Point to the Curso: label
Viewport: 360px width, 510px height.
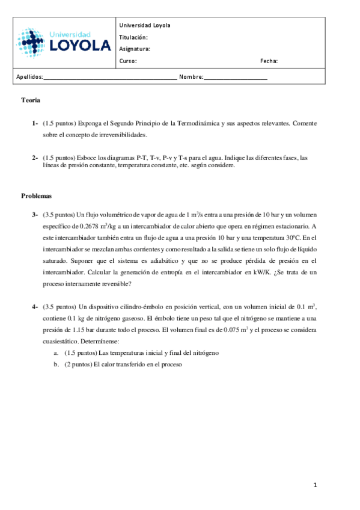128,61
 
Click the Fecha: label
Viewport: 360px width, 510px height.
269,61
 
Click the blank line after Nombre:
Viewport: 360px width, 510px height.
236,78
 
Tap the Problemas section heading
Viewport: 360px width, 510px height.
37,195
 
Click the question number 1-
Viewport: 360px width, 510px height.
35,123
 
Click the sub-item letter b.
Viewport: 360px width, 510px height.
56,364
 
